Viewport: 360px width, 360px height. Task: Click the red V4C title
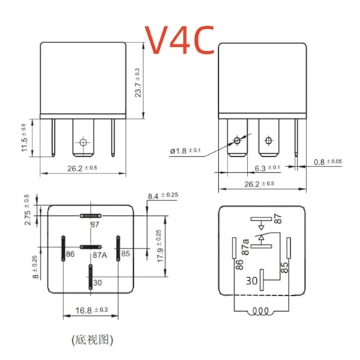(179, 40)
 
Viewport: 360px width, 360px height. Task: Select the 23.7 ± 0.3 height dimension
(138, 83)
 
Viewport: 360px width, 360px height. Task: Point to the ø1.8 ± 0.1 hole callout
(185, 151)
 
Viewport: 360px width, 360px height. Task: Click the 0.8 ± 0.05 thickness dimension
(328, 162)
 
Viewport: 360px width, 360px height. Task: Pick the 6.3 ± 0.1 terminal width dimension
(267, 168)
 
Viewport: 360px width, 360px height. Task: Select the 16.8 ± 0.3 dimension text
(91, 310)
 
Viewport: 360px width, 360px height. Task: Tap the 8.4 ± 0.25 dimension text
(163, 196)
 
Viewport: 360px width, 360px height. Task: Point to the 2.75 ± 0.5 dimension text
(27, 210)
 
